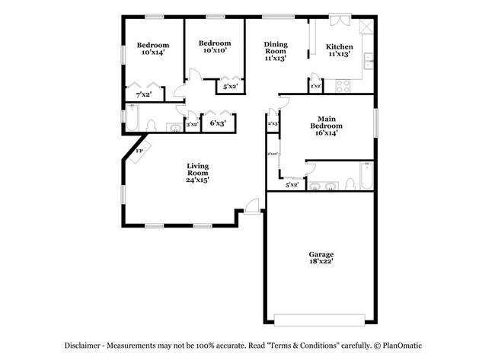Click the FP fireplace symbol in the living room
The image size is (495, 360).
click(x=139, y=151)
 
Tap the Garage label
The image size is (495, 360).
click(x=321, y=254)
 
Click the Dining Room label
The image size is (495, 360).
click(x=275, y=47)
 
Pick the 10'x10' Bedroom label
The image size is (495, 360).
click(x=214, y=47)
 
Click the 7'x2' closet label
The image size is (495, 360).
click(x=143, y=95)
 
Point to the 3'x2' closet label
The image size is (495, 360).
click(x=192, y=123)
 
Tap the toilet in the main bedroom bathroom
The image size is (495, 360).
click(x=348, y=184)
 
